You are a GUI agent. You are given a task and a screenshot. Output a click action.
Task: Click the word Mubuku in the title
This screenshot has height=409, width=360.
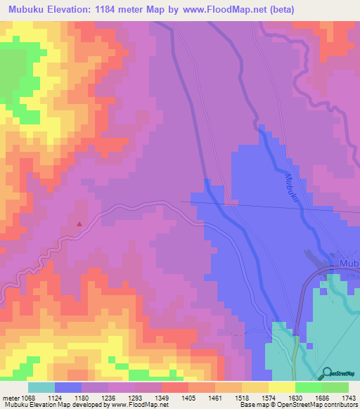30,10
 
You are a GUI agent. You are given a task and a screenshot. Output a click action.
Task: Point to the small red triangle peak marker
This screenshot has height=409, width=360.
79,225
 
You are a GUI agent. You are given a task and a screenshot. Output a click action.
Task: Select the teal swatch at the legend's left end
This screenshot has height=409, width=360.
41,387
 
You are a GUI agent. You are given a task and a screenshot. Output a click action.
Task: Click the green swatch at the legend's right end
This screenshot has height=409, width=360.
335,387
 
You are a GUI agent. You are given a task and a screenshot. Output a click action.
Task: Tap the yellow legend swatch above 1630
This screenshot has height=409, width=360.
282,387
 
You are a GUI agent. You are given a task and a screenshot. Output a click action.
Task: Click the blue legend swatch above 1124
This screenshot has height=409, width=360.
68,387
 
